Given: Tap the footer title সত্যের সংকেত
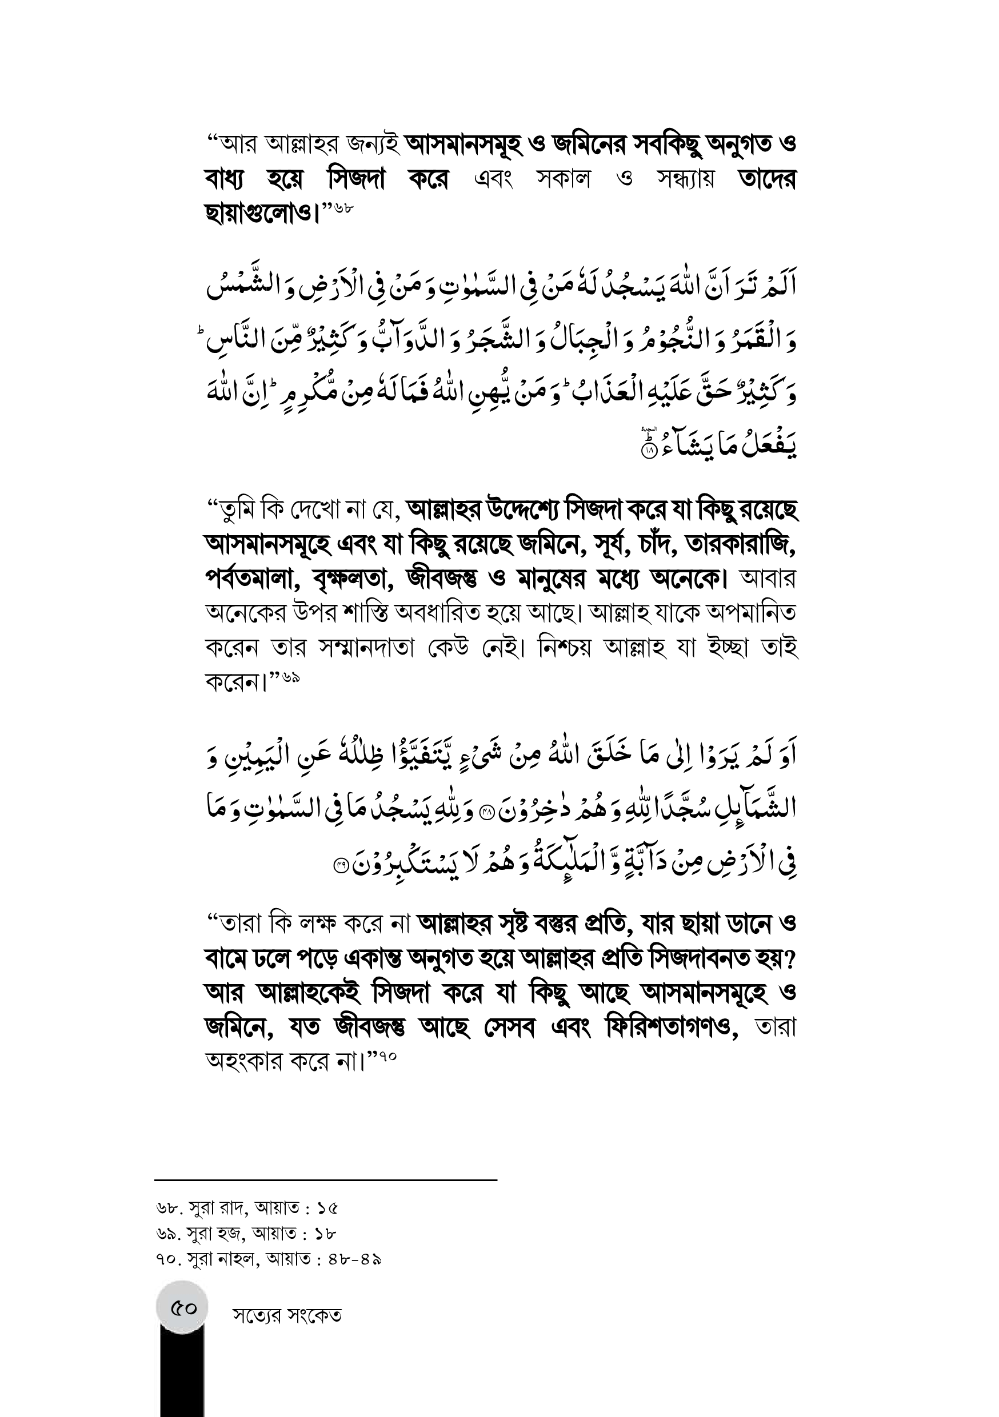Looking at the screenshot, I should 287,1332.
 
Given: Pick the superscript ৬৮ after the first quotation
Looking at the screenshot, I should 343,208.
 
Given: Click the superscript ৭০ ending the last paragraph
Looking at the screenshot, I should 387,1057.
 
